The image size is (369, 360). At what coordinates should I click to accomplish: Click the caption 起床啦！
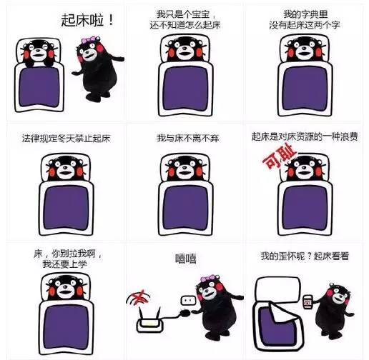(87, 20)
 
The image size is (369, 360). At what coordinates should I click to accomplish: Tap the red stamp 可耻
(279, 156)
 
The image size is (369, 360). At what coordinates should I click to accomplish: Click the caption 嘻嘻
(186, 259)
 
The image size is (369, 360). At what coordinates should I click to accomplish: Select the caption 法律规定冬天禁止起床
(67, 139)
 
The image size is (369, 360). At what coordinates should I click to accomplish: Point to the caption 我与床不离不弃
(188, 139)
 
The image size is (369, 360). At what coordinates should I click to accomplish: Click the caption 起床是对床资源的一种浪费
(305, 137)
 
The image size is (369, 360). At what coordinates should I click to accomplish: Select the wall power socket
(188, 301)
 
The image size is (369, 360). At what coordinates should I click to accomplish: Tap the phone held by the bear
(307, 302)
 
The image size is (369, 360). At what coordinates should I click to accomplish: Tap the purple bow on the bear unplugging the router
(209, 278)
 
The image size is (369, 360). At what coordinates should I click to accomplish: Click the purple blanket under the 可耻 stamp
(305, 208)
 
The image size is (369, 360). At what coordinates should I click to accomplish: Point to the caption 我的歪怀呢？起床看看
(305, 256)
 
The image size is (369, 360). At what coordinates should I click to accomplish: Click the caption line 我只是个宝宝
(183, 14)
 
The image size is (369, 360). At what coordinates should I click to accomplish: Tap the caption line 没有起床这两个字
(305, 25)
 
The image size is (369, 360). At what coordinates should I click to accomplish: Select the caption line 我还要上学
(64, 264)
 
